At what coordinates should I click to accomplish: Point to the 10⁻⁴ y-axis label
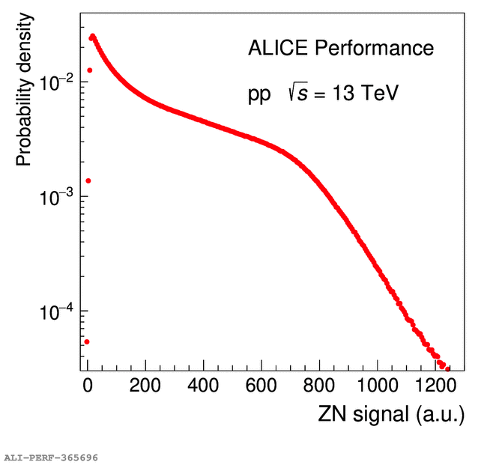pyautogui.click(x=56, y=311)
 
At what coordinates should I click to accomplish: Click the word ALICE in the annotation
pyautogui.click(x=277, y=49)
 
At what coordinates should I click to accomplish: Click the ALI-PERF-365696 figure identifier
pyautogui.click(x=50, y=456)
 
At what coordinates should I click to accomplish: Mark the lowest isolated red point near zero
pyautogui.click(x=87, y=341)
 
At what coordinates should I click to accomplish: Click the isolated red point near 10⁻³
pyautogui.click(x=88, y=180)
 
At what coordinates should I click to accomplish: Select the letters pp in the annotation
pyautogui.click(x=260, y=96)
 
